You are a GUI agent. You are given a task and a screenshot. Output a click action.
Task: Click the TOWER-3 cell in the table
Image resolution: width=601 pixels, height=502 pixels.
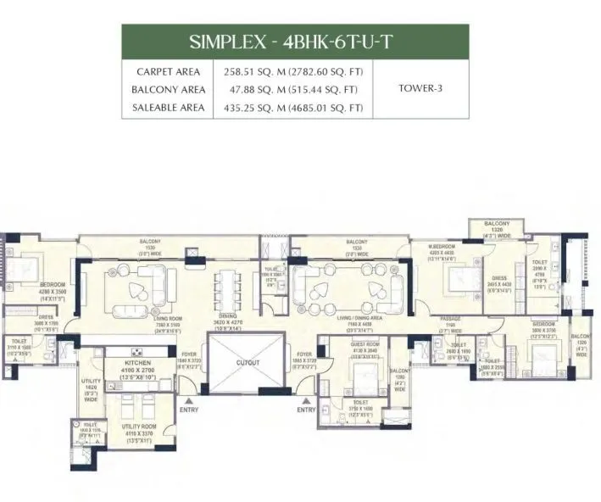click(x=420, y=87)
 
